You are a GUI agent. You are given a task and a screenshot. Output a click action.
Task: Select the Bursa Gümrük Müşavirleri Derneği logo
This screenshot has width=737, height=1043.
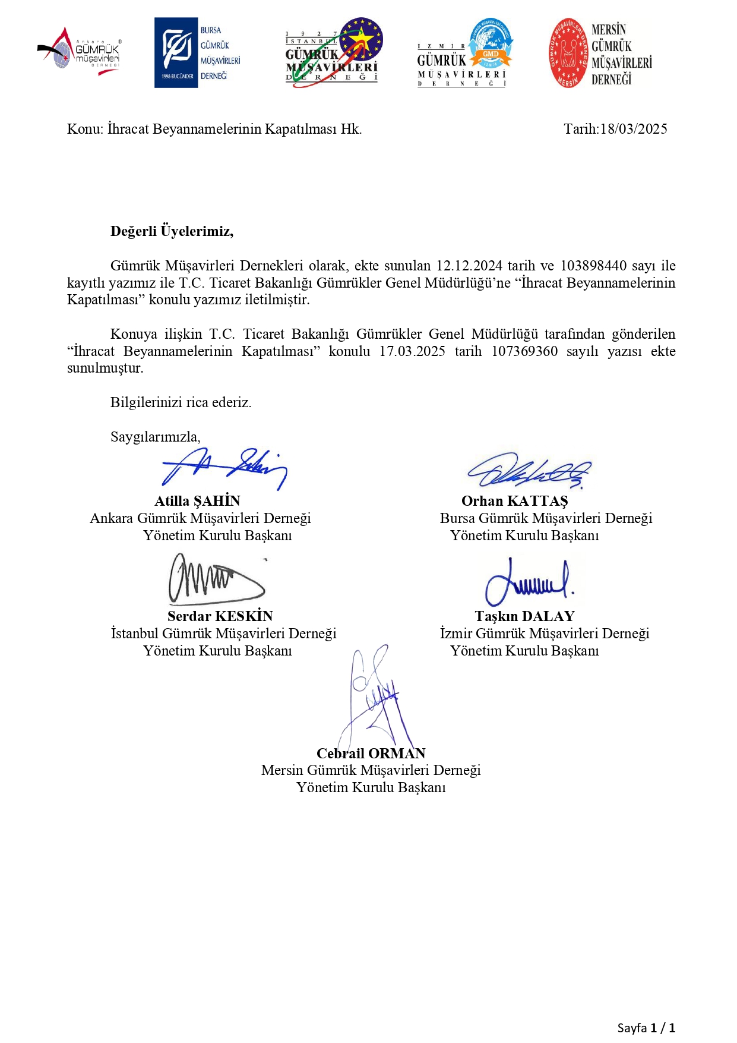198,53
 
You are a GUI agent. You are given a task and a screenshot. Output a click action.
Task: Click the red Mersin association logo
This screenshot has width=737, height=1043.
600,53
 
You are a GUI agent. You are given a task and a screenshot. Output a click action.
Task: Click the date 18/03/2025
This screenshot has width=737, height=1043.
633,129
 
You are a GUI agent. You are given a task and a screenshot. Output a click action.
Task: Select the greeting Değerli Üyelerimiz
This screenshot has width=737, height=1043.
172,231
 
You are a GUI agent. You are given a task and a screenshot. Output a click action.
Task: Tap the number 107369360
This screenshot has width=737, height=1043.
524,351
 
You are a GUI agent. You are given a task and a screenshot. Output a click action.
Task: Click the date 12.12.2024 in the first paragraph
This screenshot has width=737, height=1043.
469,266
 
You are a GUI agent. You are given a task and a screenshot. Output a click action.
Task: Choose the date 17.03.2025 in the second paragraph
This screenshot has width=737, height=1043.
412,351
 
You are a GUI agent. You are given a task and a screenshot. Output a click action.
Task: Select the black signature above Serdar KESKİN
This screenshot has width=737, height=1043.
216,579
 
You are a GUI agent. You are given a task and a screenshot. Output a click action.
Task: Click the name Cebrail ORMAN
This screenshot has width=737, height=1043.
371,754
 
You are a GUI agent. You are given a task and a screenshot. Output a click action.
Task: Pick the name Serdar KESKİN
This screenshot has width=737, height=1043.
220,616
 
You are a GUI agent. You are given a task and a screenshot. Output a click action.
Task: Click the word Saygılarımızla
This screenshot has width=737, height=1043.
155,437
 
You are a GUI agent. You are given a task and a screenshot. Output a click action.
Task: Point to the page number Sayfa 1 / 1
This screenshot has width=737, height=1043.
646,1028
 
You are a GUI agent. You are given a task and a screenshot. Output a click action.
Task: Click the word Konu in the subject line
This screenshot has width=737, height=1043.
85,129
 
